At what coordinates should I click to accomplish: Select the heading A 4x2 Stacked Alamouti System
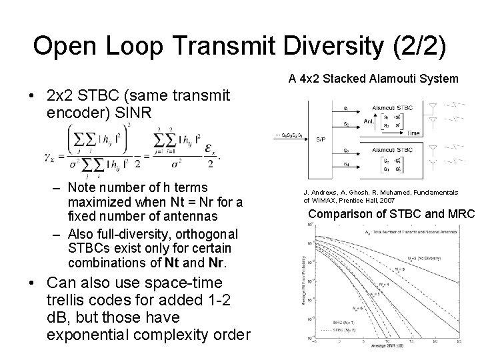[x=373, y=79]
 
